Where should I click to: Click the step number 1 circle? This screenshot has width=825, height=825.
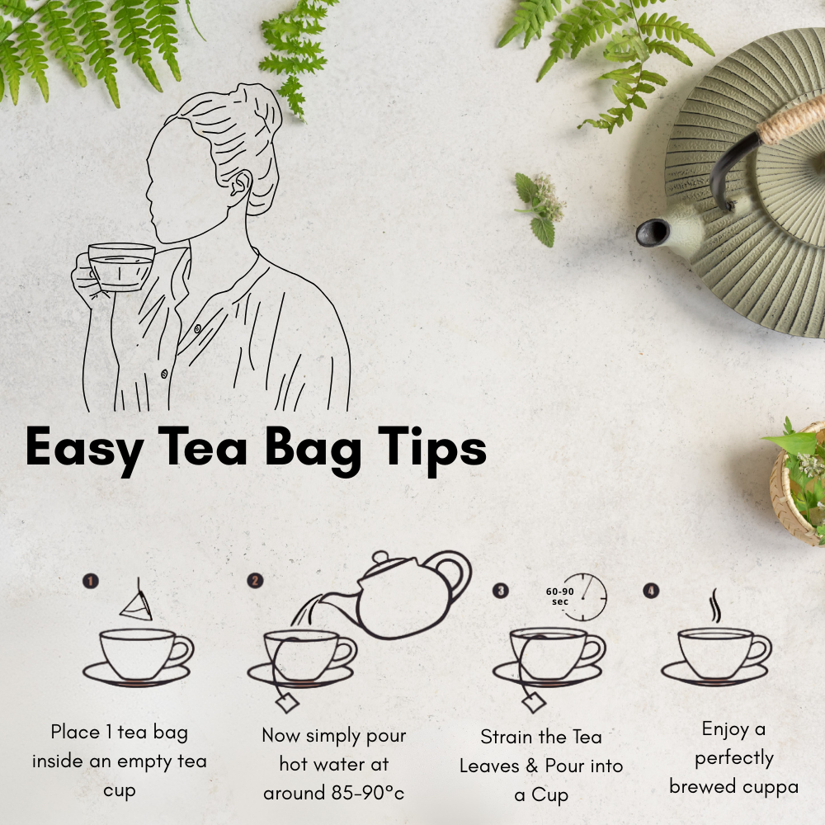click(x=91, y=581)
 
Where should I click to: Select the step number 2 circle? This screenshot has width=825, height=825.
click(x=255, y=580)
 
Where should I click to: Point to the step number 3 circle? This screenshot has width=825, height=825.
click(x=501, y=591)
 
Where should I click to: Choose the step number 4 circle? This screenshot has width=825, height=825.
click(x=651, y=591)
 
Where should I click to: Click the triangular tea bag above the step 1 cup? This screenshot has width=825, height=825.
click(x=136, y=605)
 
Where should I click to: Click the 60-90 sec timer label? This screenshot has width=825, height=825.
click(x=559, y=596)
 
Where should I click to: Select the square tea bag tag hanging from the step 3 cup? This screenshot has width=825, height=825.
click(x=534, y=702)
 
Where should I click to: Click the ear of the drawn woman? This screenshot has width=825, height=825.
click(x=240, y=186)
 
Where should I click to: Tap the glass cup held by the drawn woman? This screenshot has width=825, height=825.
click(x=121, y=266)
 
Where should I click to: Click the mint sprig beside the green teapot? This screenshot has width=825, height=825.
click(x=540, y=209)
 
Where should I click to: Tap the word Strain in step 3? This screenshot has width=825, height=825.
click(x=506, y=737)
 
